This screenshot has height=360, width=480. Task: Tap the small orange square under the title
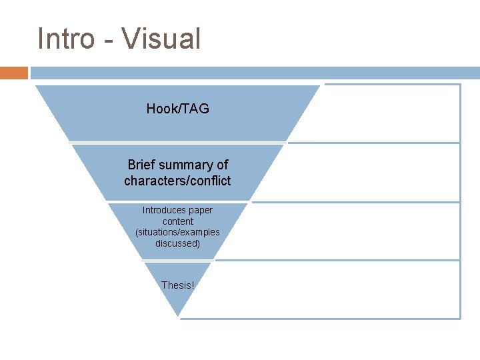coord(14,73)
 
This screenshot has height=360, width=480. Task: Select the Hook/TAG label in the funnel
coord(177,109)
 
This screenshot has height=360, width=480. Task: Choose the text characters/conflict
coord(177,181)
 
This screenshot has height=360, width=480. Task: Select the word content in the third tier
coord(177,221)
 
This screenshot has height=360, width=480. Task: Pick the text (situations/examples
coord(177,233)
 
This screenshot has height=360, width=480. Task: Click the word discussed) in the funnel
coord(177,243)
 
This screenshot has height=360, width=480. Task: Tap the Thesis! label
coord(177,285)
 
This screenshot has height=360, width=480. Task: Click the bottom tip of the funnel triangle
coord(178,315)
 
